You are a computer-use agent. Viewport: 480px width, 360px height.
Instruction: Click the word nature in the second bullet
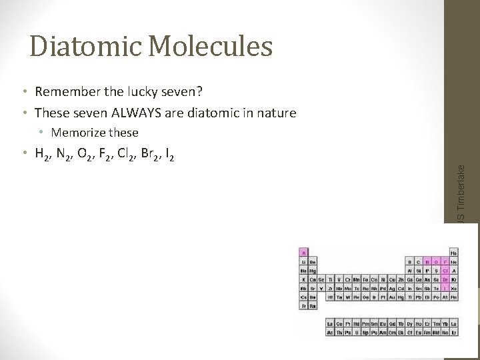click(274, 113)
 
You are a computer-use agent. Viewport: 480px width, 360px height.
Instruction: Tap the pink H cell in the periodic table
click(303, 253)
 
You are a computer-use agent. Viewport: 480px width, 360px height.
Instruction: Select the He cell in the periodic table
click(454, 253)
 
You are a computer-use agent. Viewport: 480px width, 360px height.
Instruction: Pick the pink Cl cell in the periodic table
click(445, 271)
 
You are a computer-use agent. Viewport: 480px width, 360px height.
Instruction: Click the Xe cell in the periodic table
click(454, 288)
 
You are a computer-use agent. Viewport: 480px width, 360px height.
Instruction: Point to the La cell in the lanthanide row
click(330, 323)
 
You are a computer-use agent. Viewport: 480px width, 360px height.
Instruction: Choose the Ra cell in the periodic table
click(313, 305)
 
